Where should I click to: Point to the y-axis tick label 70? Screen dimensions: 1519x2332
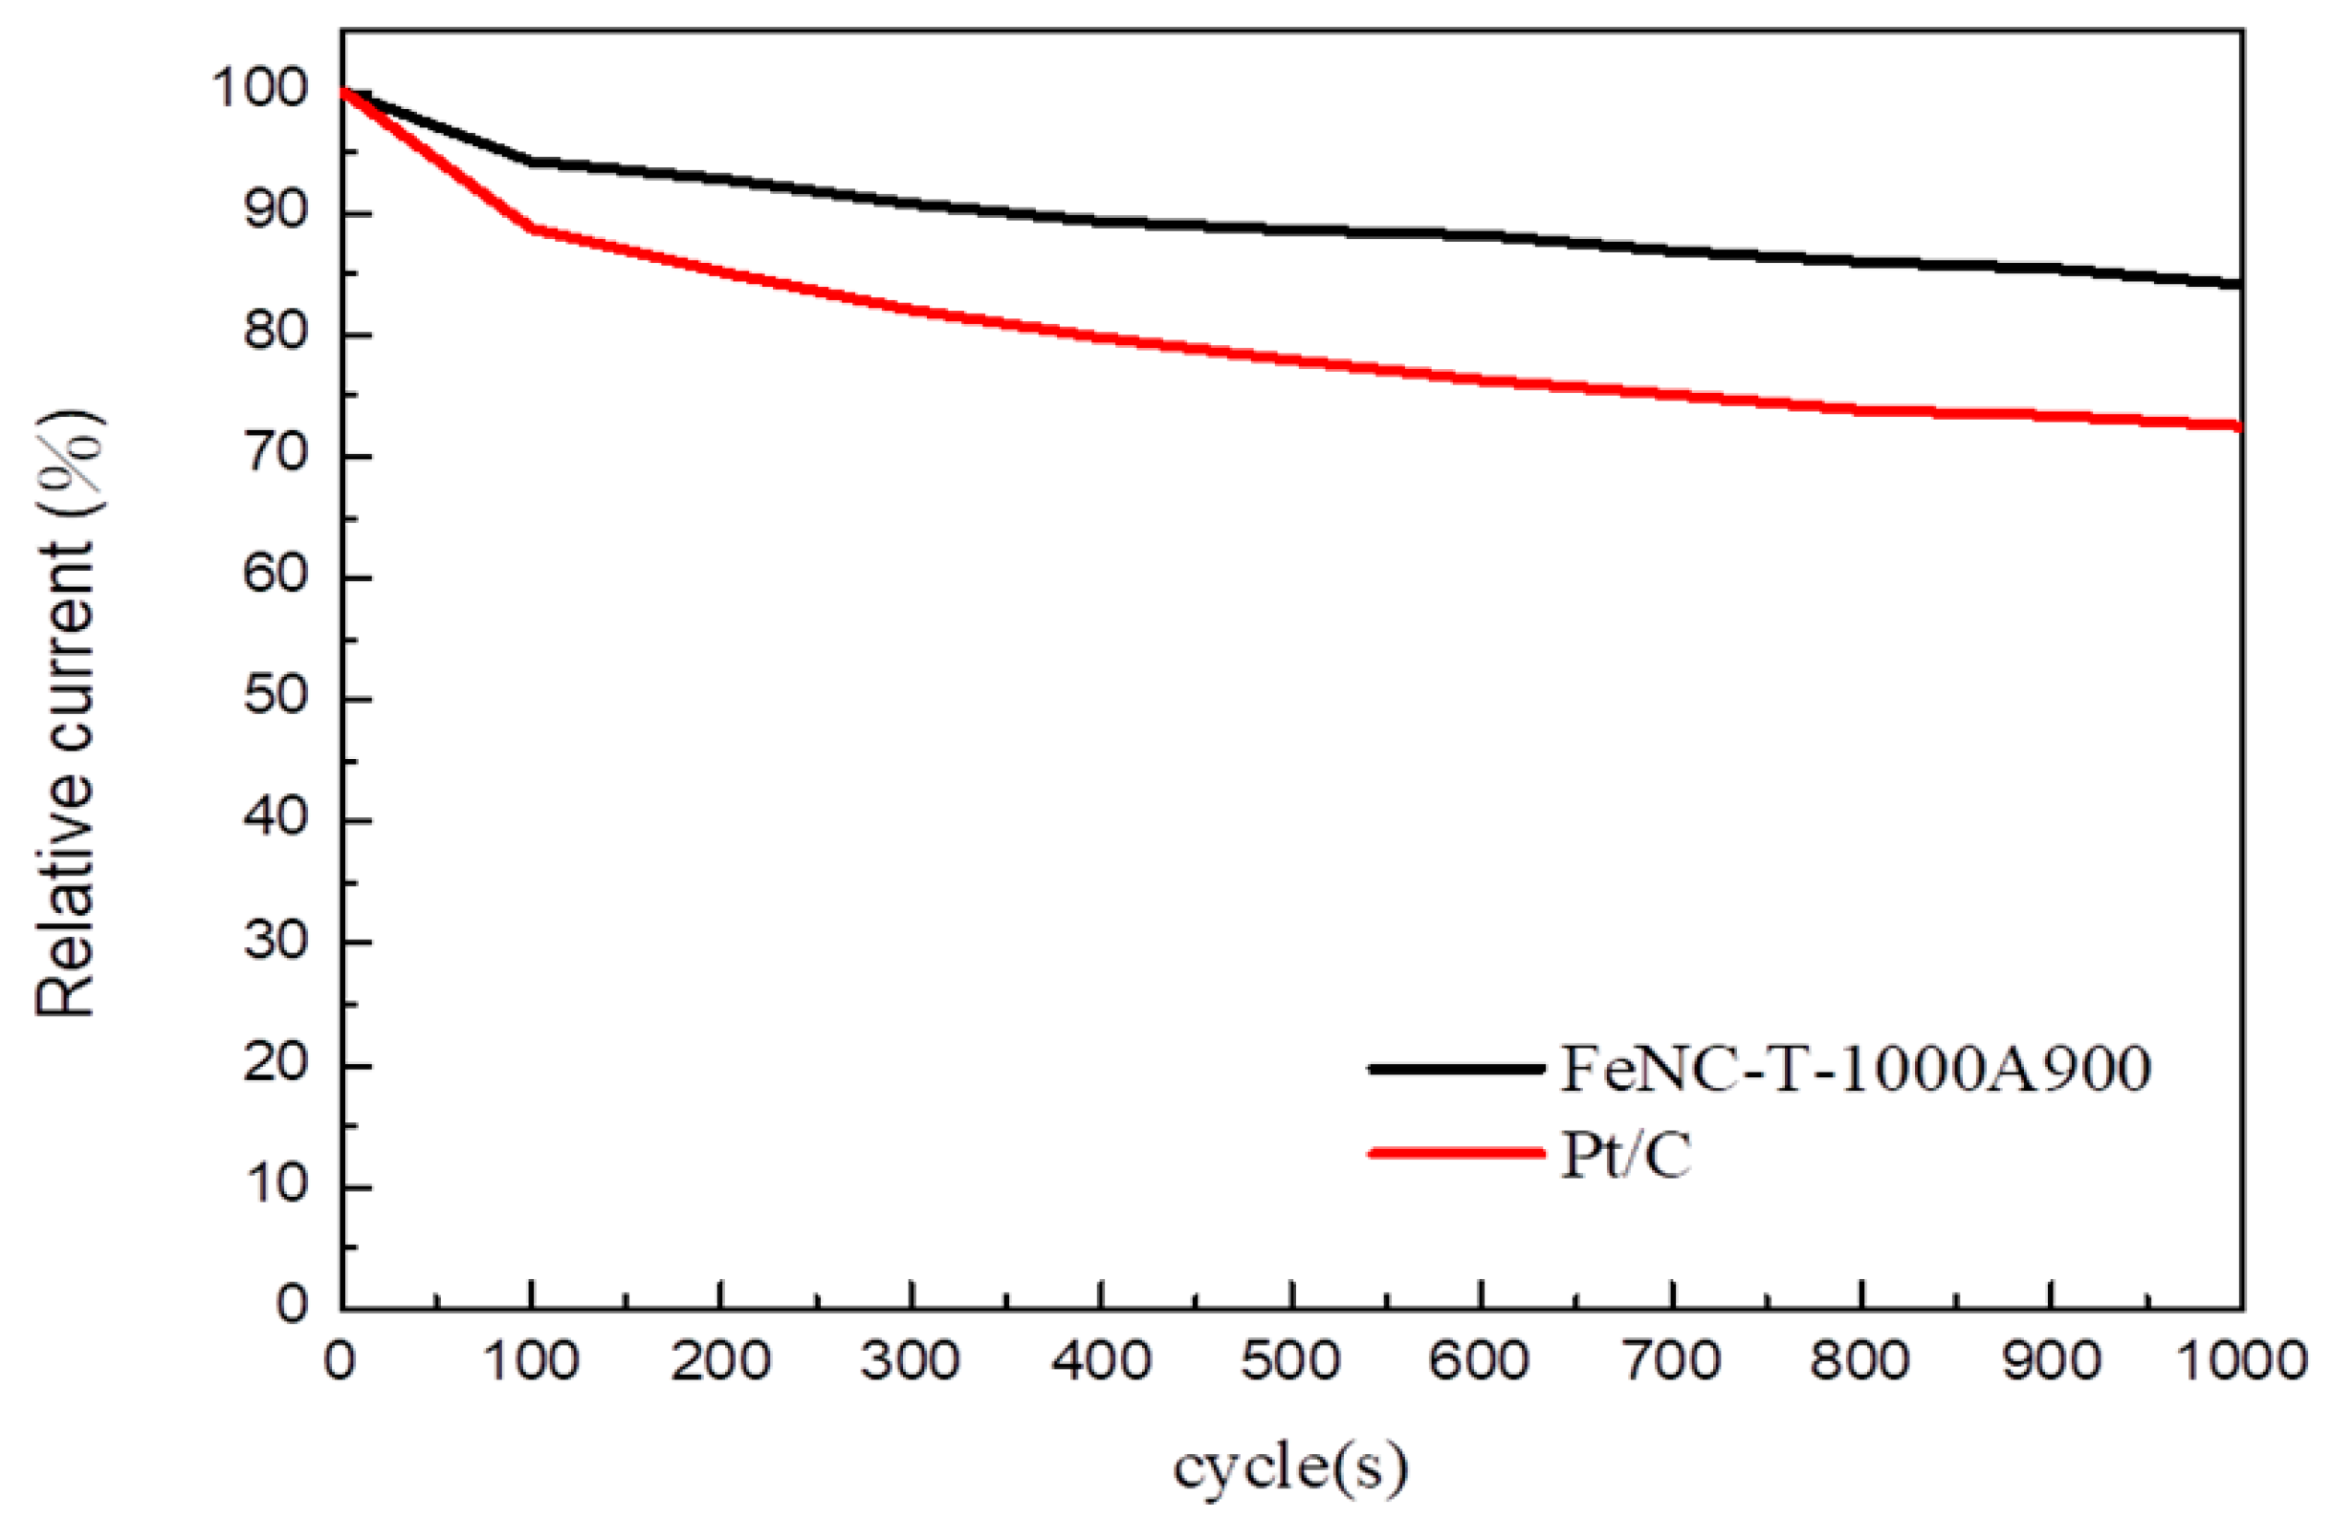275,455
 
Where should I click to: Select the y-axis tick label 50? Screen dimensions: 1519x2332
275,698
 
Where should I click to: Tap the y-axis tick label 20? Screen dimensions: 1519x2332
275,1064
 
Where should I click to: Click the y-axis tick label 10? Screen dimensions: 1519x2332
275,1186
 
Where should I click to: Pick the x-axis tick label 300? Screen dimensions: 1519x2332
911,1361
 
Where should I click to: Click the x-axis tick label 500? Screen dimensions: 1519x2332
1290,1361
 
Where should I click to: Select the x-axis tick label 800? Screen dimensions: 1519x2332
1859,1361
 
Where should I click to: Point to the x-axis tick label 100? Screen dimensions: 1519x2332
531,1361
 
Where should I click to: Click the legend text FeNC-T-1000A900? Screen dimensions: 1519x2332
1855,1069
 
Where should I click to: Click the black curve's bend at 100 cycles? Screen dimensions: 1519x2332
531,161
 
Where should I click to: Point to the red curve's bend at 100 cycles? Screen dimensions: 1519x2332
531,228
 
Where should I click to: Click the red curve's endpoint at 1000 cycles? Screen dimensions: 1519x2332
2238,426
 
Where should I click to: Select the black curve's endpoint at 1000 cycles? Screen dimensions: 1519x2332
2238,284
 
